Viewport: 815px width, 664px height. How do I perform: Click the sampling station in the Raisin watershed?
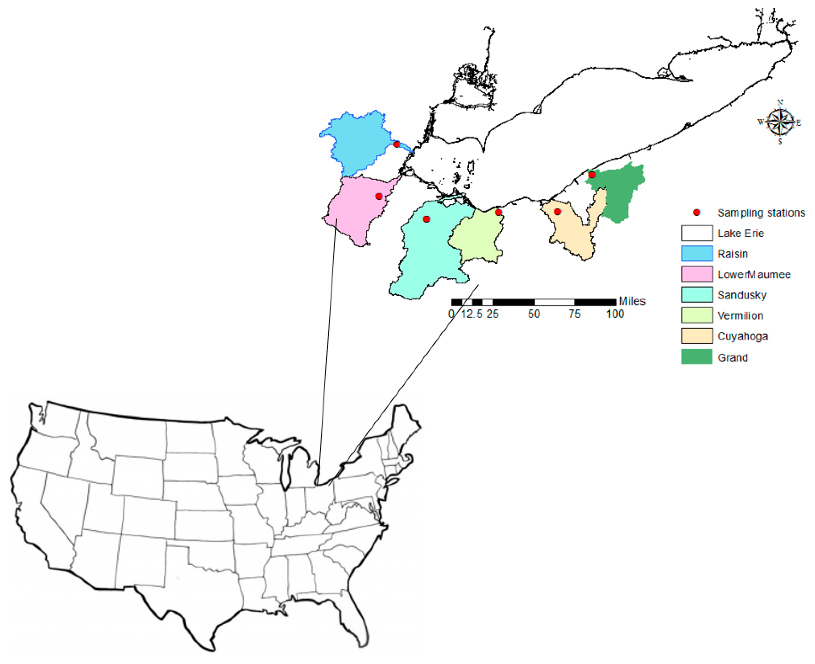coord(397,144)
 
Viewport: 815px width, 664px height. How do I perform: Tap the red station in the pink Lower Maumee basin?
coord(379,196)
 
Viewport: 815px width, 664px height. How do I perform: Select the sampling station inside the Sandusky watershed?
coord(426,219)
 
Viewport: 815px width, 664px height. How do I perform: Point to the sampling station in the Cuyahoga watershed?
coord(557,211)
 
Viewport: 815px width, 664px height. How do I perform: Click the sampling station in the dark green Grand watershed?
coord(592,175)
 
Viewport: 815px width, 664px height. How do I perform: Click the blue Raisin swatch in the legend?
coord(697,253)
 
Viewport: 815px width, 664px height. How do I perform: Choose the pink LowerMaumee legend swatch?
coord(697,274)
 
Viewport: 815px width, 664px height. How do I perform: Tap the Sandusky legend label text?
coord(742,295)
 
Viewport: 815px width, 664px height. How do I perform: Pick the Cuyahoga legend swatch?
coord(697,336)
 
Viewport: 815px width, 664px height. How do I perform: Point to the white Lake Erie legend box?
coord(697,233)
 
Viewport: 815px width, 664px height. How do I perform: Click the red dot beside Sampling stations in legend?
coord(697,212)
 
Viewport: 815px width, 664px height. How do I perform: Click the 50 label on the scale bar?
coord(534,314)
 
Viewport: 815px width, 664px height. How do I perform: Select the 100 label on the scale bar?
coord(615,314)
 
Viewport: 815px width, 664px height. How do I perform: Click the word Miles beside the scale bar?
coord(632,301)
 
